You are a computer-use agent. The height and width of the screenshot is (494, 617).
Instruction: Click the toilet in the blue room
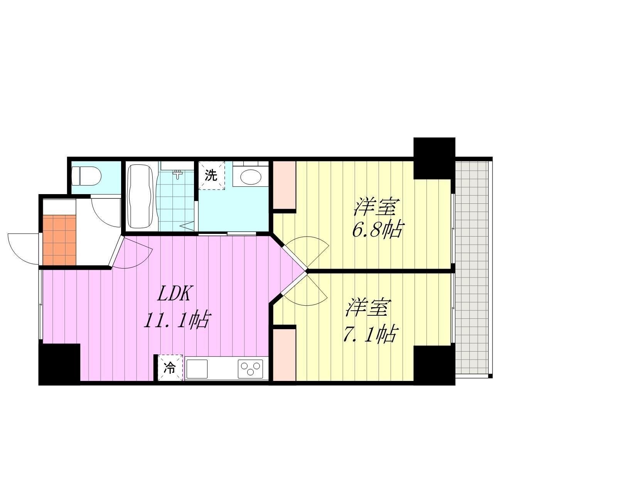(86, 176)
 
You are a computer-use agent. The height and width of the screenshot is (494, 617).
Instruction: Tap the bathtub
(140, 196)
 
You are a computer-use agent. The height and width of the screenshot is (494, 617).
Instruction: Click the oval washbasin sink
(250, 178)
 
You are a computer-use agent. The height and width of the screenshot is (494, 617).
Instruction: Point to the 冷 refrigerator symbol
(170, 368)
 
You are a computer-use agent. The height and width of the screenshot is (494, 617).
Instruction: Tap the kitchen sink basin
(197, 369)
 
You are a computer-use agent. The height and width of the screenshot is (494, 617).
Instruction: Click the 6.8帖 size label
(377, 229)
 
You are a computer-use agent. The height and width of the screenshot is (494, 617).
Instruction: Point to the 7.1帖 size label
(371, 334)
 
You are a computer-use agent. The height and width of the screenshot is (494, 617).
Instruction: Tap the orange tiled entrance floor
(59, 240)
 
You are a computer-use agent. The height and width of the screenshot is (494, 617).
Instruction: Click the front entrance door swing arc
(23, 249)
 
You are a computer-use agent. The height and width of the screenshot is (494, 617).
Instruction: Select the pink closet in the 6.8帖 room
(284, 185)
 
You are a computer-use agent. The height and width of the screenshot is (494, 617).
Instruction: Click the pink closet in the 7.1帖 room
(284, 355)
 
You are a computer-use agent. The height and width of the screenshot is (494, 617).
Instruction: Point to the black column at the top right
(434, 159)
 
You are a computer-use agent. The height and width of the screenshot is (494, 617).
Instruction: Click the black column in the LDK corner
(59, 364)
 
